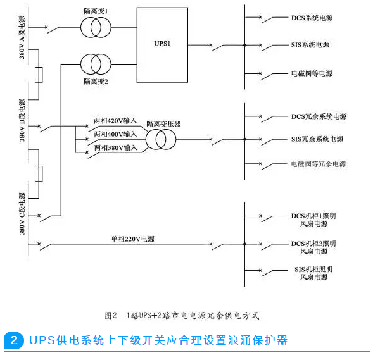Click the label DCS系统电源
[x=312, y=18]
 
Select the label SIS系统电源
[x=310, y=45]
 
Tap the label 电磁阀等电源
[x=312, y=73]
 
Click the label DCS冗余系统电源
[x=319, y=116]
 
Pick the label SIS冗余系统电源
[x=317, y=139]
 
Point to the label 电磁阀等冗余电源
[x=319, y=164]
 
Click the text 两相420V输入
[x=115, y=121]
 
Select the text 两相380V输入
[x=116, y=148]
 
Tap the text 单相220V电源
[x=133, y=239]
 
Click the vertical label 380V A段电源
[x=22, y=37]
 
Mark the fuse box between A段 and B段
[x=39, y=75]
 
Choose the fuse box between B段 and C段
[x=39, y=174]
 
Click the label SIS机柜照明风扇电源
[x=313, y=273]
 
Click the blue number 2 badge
[x=14, y=340]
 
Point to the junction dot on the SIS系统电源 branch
[x=245, y=45]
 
